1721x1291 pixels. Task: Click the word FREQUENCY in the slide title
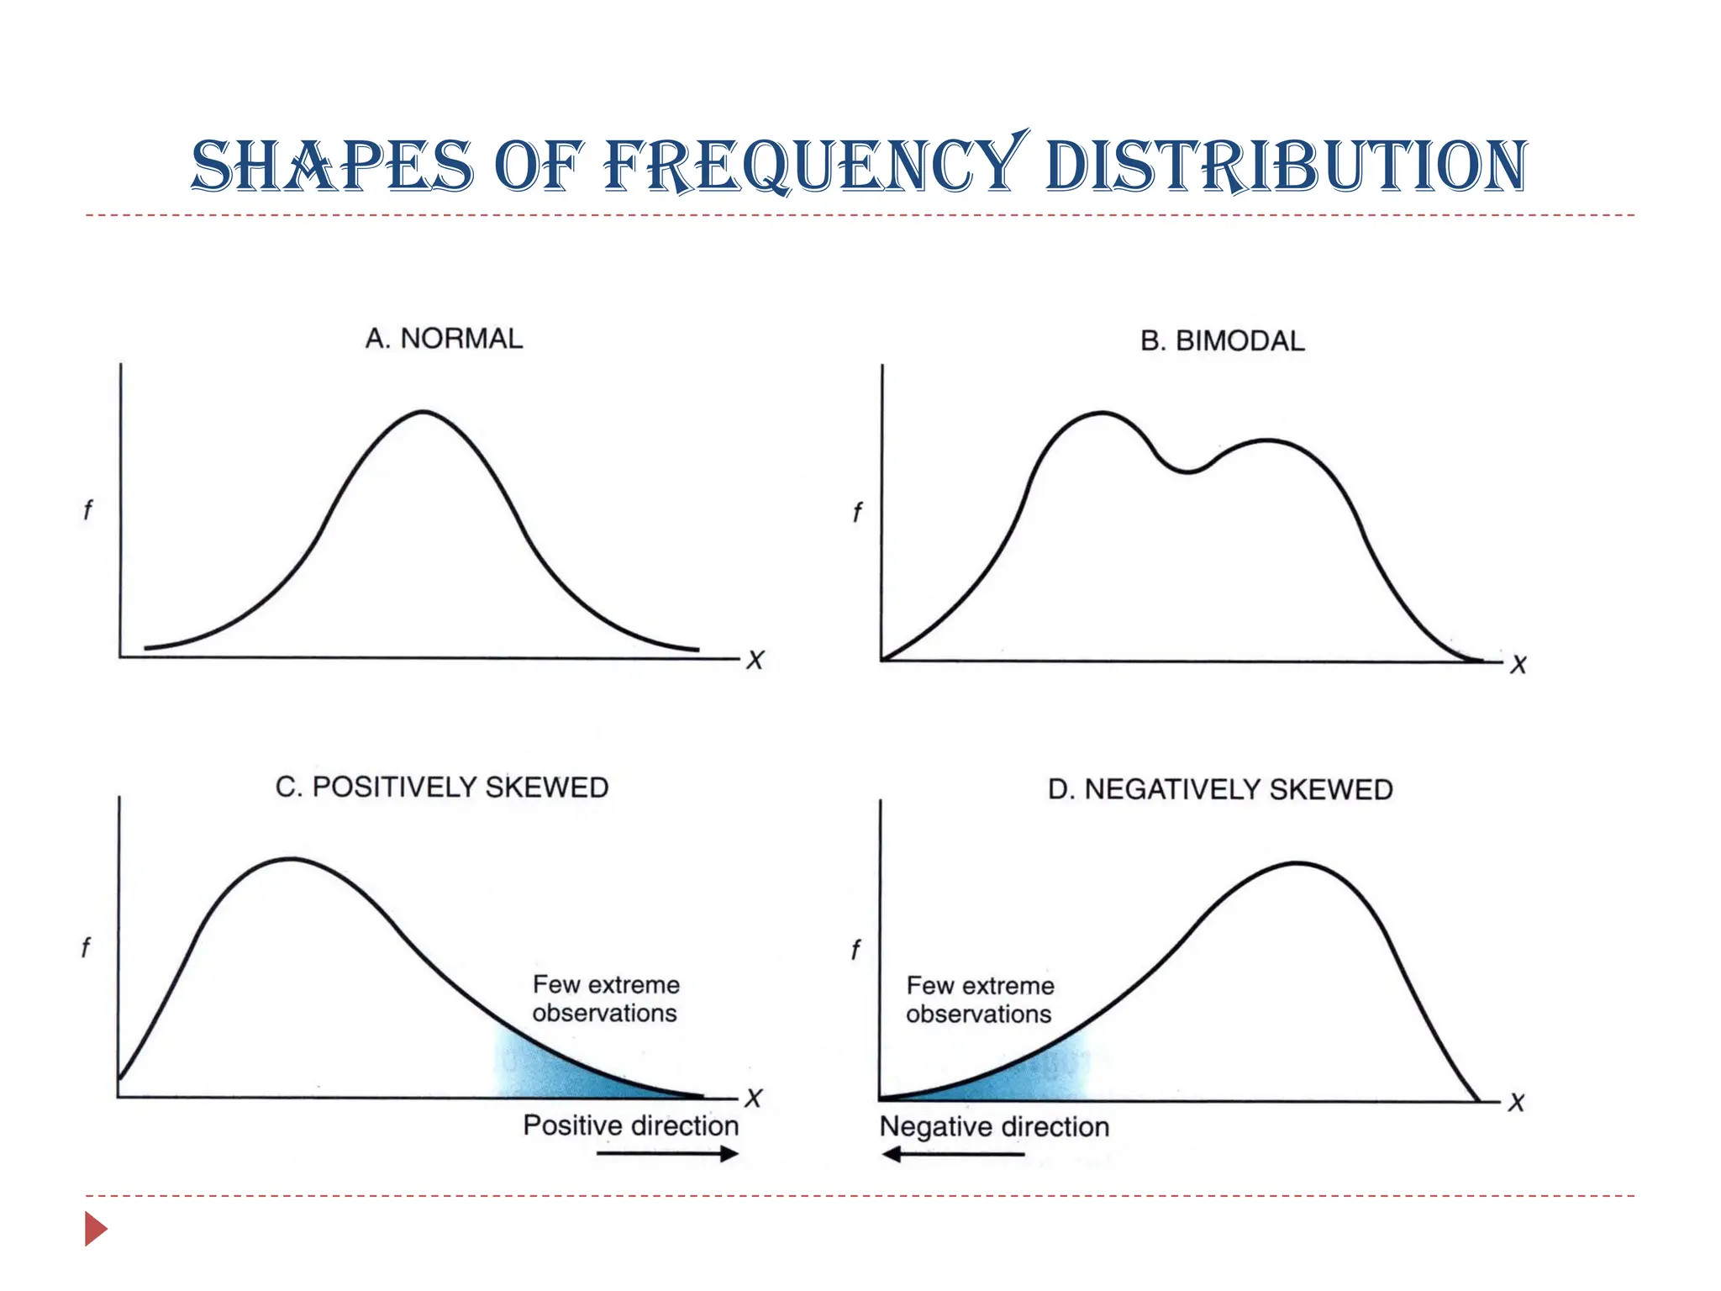click(815, 166)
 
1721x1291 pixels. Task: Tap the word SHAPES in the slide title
click(333, 166)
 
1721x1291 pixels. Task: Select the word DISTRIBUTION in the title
click(1286, 166)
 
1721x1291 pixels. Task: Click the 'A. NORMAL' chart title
click(444, 339)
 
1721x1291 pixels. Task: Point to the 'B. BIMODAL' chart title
click(1222, 341)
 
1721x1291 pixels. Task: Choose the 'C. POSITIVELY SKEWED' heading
click(442, 788)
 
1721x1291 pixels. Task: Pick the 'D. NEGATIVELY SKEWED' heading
click(1220, 790)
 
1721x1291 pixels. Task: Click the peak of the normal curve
click(424, 413)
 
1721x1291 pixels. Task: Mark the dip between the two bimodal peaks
click(1187, 472)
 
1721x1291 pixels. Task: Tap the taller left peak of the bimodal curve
click(1102, 414)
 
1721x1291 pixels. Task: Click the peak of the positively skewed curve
click(291, 859)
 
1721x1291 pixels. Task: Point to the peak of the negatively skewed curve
click(1298, 863)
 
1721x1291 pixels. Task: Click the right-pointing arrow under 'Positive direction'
click(667, 1154)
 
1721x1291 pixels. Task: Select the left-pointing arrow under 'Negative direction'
click(953, 1155)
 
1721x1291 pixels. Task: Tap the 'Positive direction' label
click(630, 1125)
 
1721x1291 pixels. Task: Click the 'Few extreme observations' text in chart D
click(980, 1000)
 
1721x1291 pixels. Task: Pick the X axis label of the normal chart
click(755, 660)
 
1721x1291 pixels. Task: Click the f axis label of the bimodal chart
click(857, 512)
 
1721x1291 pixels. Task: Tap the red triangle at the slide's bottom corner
click(95, 1229)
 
